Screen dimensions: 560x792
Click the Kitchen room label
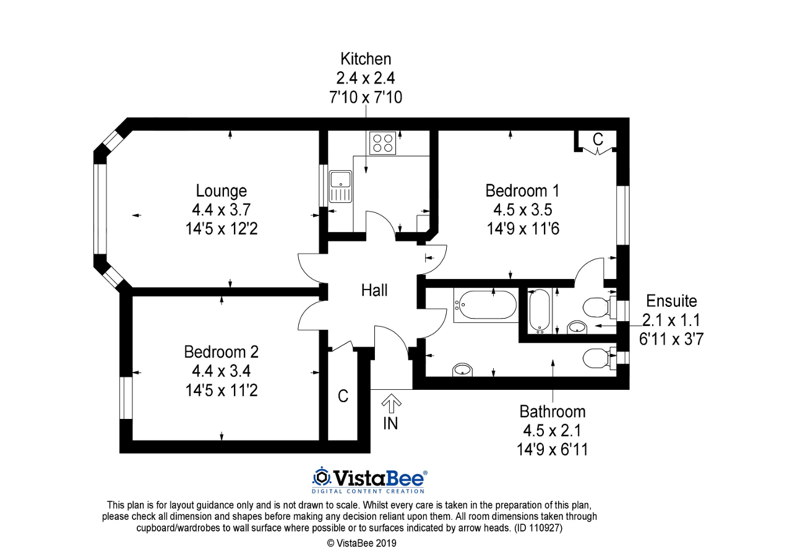pos(366,59)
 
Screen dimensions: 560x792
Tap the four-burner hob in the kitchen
pos(382,143)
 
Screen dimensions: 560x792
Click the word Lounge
pos(221,191)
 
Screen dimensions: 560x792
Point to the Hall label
pos(374,290)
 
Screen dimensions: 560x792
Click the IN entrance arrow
pos(390,405)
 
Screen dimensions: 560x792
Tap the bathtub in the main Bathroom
pos(486,305)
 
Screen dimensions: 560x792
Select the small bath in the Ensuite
pos(540,311)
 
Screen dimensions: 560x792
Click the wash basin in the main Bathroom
pos(462,370)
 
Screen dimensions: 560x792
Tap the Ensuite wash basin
pos(577,327)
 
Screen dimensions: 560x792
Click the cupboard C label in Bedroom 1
pos(598,140)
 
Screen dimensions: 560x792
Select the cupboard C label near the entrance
pos(343,397)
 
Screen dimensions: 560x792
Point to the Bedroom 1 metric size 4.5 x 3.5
pos(519,209)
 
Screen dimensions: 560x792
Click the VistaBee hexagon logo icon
pos(321,477)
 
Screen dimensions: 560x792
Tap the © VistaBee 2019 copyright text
pos(361,543)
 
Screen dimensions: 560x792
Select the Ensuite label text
pos(671,301)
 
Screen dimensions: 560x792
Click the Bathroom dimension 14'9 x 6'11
pos(552,449)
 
